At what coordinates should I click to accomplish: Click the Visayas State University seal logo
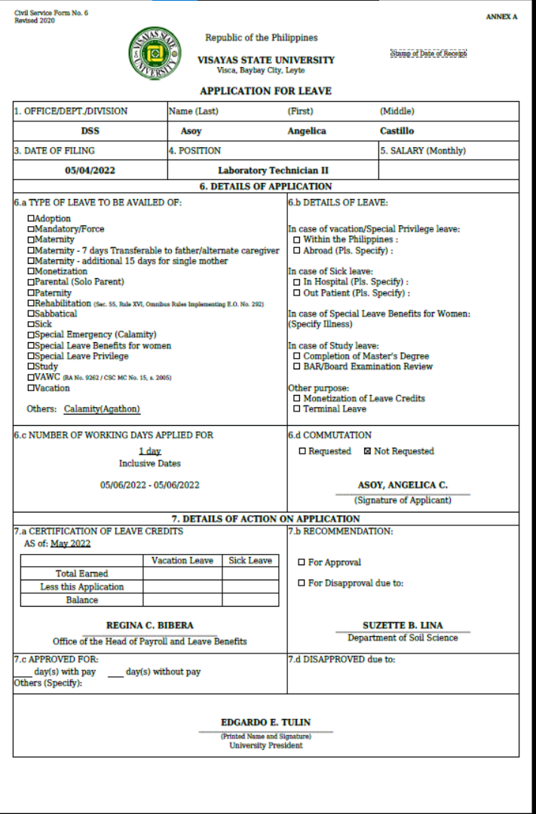coord(155,54)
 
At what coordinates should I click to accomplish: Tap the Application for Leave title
coord(265,91)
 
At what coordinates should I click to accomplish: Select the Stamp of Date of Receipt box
coord(428,54)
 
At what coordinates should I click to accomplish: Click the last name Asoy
coord(191,131)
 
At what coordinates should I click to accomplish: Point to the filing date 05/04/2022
coord(90,170)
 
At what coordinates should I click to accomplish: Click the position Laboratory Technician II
coord(273,170)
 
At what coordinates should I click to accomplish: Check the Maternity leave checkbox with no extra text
coord(31,240)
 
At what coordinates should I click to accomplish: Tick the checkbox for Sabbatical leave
coord(31,314)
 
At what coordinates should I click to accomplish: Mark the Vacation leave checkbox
coord(31,388)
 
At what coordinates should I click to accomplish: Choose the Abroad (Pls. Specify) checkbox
coord(297,250)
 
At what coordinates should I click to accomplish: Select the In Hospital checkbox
coord(297,282)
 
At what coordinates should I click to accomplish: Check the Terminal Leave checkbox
coord(297,409)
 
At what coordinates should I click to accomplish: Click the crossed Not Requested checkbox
coord(367,451)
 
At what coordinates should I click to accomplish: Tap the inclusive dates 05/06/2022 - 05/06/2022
coord(149,485)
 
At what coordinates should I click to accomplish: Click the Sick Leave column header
coord(250,561)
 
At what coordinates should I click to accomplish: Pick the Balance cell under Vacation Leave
coord(182,600)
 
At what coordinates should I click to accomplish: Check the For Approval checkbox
coord(302,562)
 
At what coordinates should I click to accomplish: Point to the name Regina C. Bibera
coord(149,626)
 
